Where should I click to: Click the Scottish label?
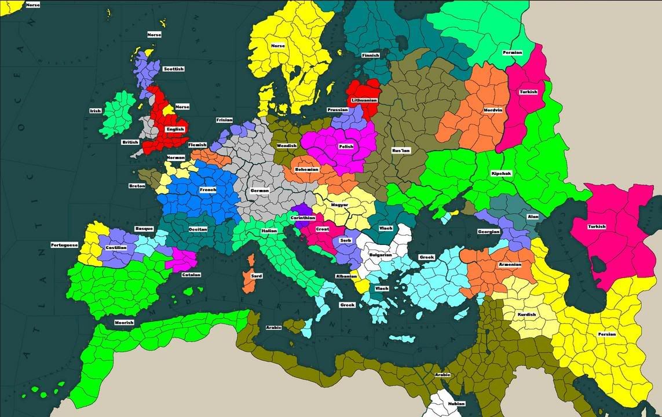[x=174, y=69]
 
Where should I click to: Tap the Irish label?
[x=96, y=111]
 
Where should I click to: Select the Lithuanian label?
[x=364, y=100]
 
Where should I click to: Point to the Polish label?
[x=346, y=147]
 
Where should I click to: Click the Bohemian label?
[x=307, y=169]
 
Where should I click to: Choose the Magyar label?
[x=339, y=204]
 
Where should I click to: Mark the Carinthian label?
[x=303, y=218]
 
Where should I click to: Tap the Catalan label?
[x=191, y=275]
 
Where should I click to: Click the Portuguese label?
[x=64, y=245]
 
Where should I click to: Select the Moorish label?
[x=124, y=323]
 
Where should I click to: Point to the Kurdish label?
[x=527, y=314]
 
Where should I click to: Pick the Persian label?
[x=607, y=334]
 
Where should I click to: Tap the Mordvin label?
[x=493, y=110]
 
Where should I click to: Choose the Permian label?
[x=512, y=53]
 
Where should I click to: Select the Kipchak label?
[x=501, y=173]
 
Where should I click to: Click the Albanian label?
[x=346, y=276]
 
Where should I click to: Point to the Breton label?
[x=137, y=186]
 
